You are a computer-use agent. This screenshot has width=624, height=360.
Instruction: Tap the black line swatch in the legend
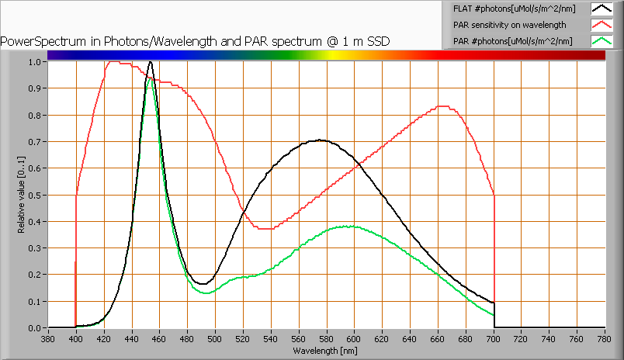click(601, 9)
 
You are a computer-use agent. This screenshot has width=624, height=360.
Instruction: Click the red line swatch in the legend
click(601, 25)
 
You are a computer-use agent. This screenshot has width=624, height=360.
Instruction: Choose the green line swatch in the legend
click(601, 40)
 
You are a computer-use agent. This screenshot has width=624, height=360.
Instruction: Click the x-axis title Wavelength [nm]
click(326, 351)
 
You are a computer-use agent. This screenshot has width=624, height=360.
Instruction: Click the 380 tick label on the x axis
click(48, 339)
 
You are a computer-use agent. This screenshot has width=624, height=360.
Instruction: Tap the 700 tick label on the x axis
click(494, 339)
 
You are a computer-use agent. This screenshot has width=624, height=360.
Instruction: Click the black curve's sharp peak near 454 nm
click(151, 62)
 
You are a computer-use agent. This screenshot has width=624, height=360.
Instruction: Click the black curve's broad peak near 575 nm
click(320, 140)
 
